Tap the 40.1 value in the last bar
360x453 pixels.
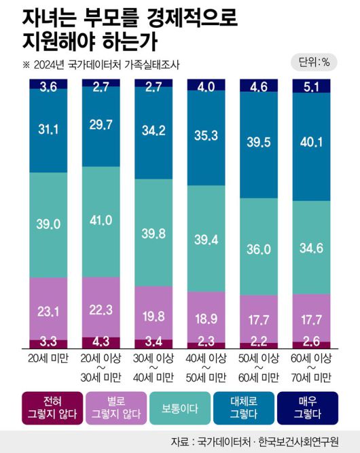coord(310,141)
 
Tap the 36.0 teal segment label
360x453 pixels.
coord(258,249)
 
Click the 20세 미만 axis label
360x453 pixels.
coord(48,359)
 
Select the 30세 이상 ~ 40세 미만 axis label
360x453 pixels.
coord(153,368)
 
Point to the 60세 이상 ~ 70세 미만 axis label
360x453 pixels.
coord(310,368)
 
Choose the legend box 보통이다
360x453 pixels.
coord(179,407)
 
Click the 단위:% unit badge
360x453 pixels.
coord(314,62)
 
